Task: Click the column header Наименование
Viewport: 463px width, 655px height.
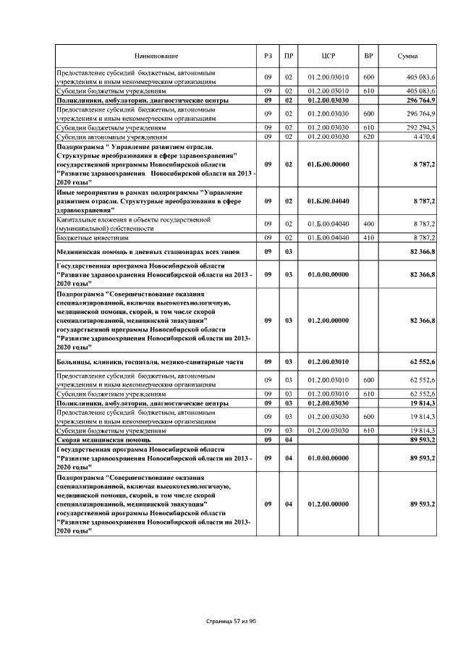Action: click(156, 56)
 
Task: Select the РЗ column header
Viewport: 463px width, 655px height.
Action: click(268, 56)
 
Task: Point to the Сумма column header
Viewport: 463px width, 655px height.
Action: click(407, 56)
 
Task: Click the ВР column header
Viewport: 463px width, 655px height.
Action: click(368, 56)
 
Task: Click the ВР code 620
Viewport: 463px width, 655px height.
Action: click(368, 136)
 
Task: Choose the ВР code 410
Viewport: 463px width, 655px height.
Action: click(368, 237)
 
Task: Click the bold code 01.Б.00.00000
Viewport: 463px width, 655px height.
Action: click(328, 165)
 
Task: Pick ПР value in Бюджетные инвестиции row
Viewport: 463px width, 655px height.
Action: click(288, 237)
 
